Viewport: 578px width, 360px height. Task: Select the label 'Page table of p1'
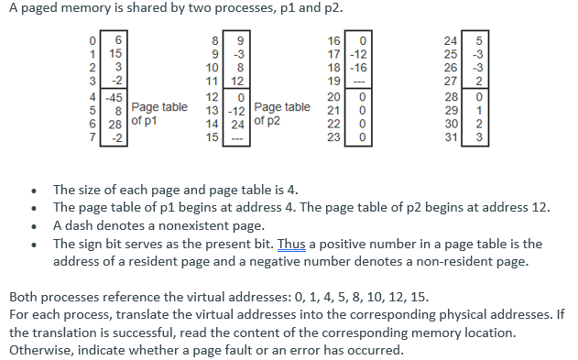160,114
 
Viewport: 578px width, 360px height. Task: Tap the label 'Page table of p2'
281,114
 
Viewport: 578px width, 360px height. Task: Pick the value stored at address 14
237,125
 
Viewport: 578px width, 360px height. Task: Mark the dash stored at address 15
237,138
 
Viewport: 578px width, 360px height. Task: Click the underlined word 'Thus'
290,244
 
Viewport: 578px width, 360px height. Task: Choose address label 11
212,82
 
